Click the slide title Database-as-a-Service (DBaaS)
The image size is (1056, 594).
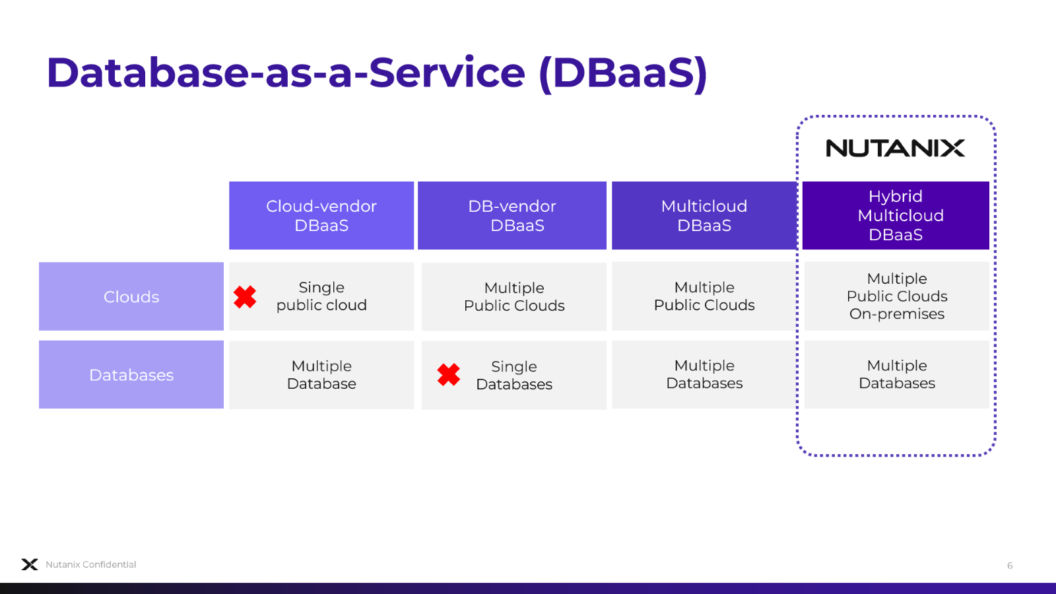(x=376, y=73)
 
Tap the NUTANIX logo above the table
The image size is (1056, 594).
(x=895, y=148)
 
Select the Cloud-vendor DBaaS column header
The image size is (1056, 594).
(x=321, y=216)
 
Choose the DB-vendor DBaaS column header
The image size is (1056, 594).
(x=512, y=216)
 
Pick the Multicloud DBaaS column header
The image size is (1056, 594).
(x=704, y=216)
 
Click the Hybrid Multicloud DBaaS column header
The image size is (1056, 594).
(x=896, y=216)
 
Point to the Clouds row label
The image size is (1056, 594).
(x=131, y=297)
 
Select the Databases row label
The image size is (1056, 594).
(x=131, y=375)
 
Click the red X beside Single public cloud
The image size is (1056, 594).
(x=245, y=297)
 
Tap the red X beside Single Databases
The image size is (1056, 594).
(x=449, y=375)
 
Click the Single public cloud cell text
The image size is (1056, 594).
(x=321, y=296)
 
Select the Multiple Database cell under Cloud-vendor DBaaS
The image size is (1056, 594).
(x=321, y=375)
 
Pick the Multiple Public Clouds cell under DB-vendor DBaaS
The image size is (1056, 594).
(x=514, y=297)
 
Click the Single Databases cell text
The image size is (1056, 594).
(x=514, y=376)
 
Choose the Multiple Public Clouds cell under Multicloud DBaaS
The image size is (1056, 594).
(x=704, y=296)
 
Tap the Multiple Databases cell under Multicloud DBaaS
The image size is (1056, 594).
(x=704, y=374)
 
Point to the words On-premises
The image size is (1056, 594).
(x=897, y=314)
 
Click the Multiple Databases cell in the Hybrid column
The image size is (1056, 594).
(x=897, y=374)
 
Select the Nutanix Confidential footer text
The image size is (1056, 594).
(x=91, y=564)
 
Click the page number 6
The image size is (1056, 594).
(x=1010, y=566)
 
